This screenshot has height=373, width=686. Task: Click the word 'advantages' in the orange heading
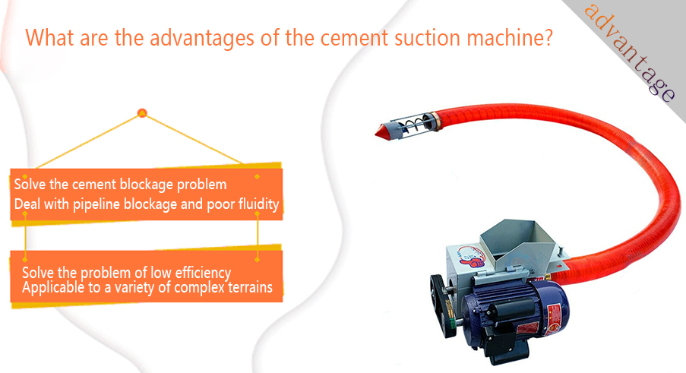tap(201, 39)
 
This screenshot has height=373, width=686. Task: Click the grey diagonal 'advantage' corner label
tap(629, 52)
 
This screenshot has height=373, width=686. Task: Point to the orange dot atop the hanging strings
tap(142, 113)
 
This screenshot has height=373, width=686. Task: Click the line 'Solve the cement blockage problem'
tap(120, 185)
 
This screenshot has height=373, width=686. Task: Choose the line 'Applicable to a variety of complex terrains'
tap(147, 288)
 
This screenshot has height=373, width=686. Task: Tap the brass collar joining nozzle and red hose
tap(436, 121)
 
